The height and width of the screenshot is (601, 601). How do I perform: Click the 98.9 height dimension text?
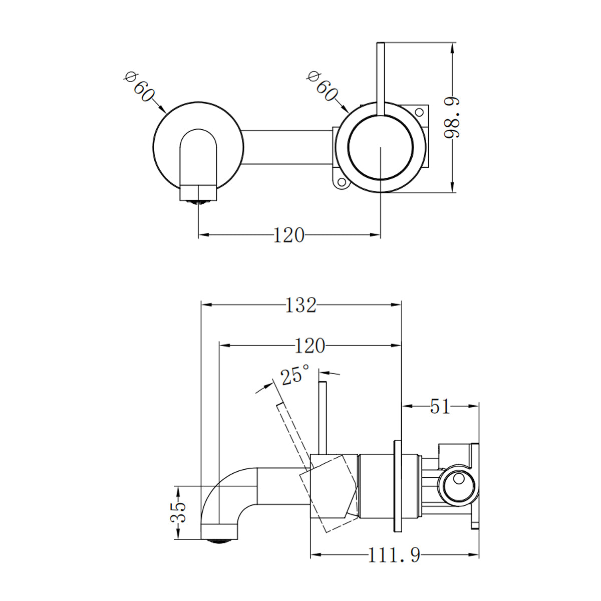click(x=452, y=118)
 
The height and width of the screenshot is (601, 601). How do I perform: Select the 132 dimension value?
click(x=301, y=305)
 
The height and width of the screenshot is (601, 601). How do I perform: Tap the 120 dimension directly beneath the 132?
click(x=310, y=346)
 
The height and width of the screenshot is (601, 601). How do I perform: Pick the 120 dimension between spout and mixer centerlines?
click(x=289, y=234)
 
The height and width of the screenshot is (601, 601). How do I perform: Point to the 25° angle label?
click(x=295, y=375)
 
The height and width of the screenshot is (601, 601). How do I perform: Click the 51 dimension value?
click(x=440, y=407)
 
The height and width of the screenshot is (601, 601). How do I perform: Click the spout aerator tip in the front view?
click(x=199, y=202)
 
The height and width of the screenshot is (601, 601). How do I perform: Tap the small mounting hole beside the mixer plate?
click(x=342, y=183)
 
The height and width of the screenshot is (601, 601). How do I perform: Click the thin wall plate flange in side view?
click(x=398, y=486)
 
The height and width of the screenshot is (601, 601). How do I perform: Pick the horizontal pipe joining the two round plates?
click(x=286, y=146)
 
